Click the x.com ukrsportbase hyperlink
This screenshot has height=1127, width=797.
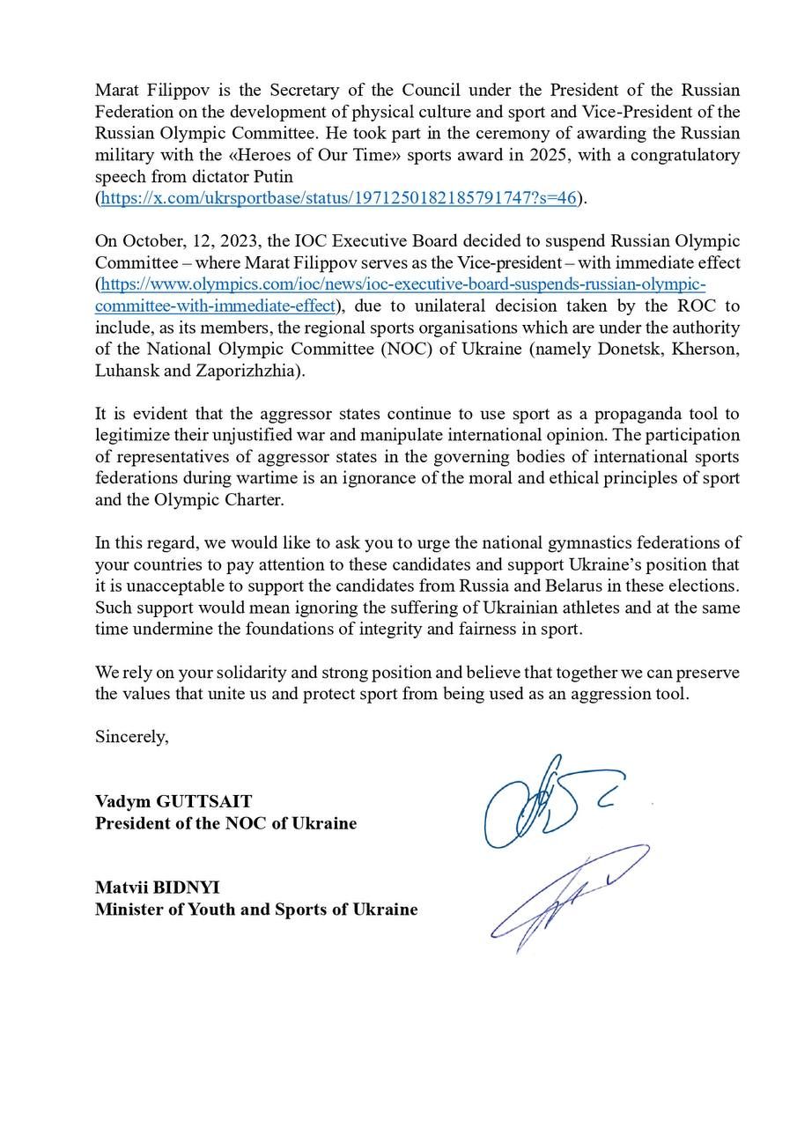pos(338,198)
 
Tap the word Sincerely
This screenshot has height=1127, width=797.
pos(131,737)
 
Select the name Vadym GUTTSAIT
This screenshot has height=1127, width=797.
pos(173,801)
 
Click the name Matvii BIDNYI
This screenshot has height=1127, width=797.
pos(158,888)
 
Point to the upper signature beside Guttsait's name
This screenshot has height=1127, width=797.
pos(546,801)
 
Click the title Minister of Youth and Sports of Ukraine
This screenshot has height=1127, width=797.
pos(256,910)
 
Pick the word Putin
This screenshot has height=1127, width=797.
pos(268,177)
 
